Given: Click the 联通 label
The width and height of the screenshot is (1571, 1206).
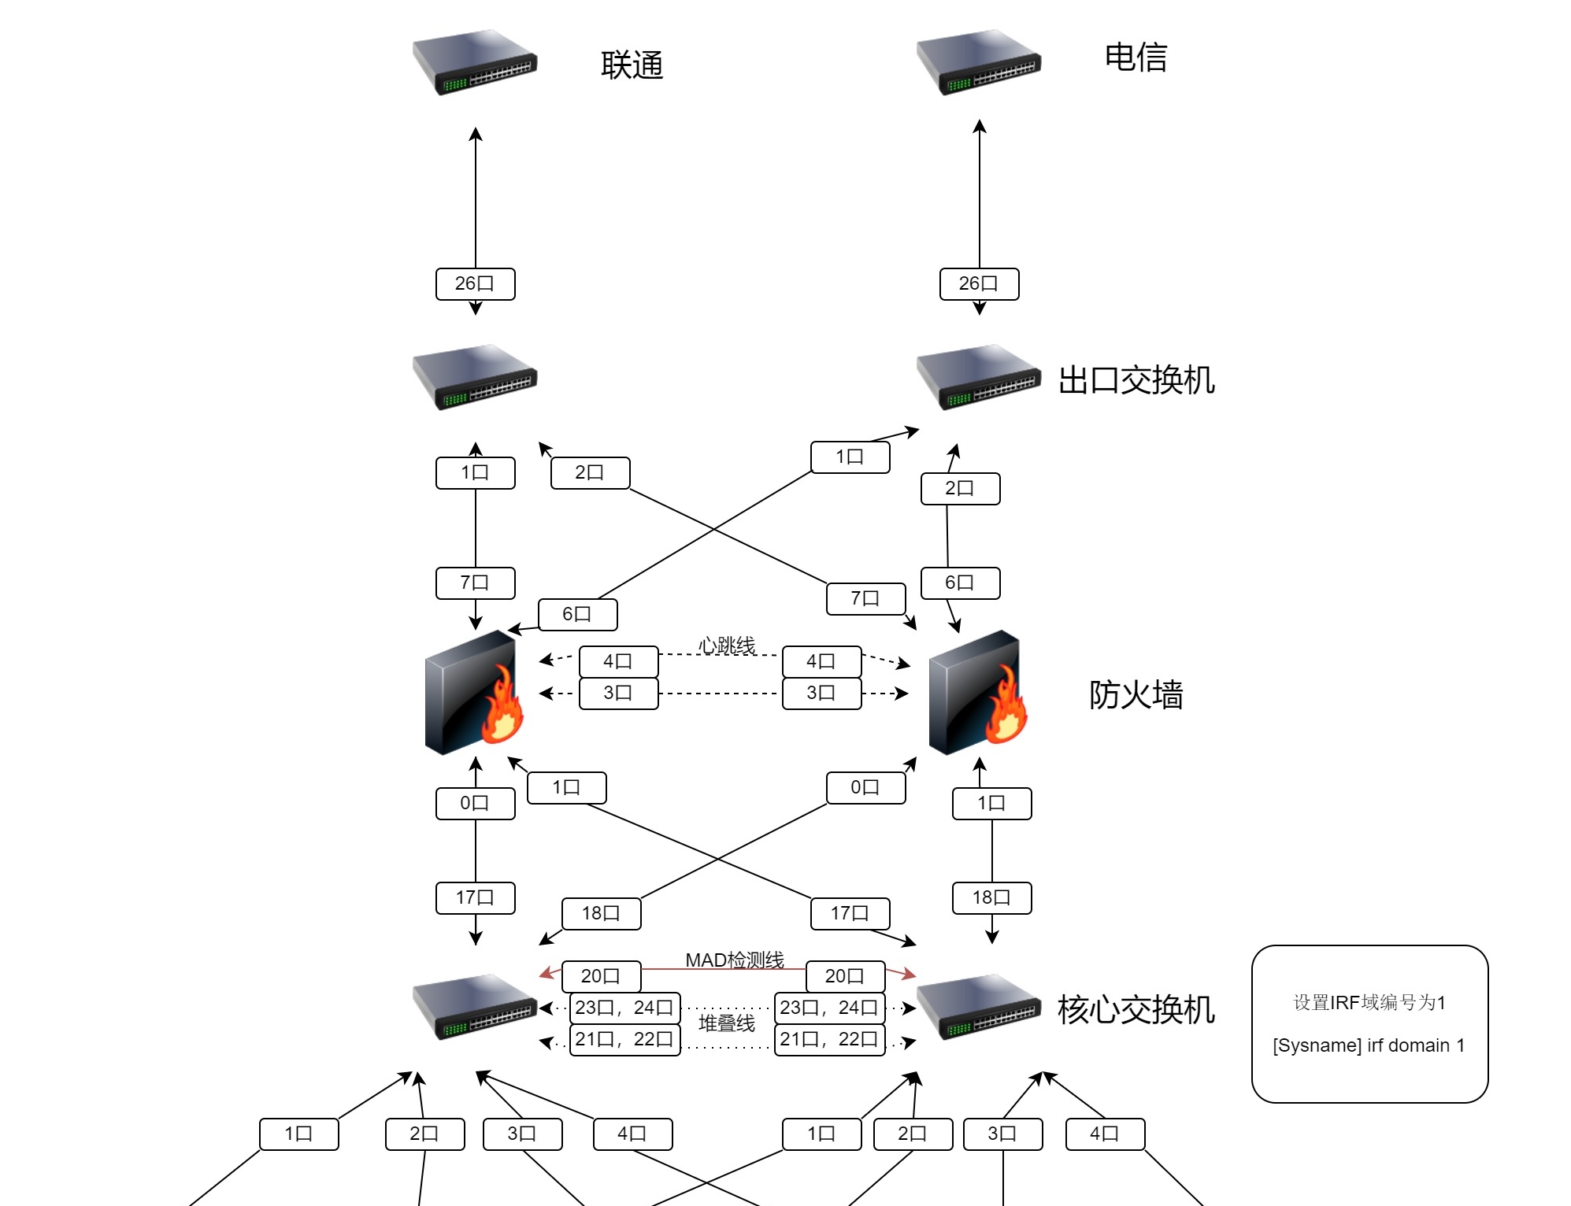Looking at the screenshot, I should click(632, 65).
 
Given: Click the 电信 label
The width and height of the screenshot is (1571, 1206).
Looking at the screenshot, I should click(1136, 57).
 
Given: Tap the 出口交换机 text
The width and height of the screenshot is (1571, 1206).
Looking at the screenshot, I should click(1136, 380).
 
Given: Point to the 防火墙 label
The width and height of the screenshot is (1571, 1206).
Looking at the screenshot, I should click(1136, 695).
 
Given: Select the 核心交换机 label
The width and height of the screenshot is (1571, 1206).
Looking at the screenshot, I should click(1136, 1010).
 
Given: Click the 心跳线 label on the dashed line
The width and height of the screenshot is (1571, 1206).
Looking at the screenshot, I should click(726, 646).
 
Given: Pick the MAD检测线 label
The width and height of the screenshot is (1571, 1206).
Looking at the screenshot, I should click(734, 960).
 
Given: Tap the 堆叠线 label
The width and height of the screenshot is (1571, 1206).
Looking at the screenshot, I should click(726, 1023).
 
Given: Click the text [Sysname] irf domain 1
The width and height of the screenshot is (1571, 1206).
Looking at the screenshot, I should click(1369, 1045).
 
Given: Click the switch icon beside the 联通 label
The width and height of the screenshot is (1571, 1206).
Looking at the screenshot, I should click(475, 62).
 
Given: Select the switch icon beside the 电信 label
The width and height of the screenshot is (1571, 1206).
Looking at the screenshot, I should click(979, 62).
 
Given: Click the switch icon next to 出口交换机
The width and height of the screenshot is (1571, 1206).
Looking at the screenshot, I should click(979, 377).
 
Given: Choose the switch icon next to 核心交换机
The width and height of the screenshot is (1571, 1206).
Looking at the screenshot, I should click(979, 1007).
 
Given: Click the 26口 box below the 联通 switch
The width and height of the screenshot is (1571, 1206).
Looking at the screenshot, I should click(475, 283).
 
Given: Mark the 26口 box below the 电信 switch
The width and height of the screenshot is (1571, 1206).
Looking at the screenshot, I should click(979, 283).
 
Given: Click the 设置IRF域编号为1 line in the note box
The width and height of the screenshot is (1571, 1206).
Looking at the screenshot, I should click(1369, 1002).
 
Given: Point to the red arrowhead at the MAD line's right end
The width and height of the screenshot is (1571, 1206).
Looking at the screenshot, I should click(910, 975).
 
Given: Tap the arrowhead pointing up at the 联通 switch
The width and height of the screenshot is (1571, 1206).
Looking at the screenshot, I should click(476, 133).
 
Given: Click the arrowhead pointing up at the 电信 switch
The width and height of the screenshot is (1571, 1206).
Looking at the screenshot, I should click(980, 125).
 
